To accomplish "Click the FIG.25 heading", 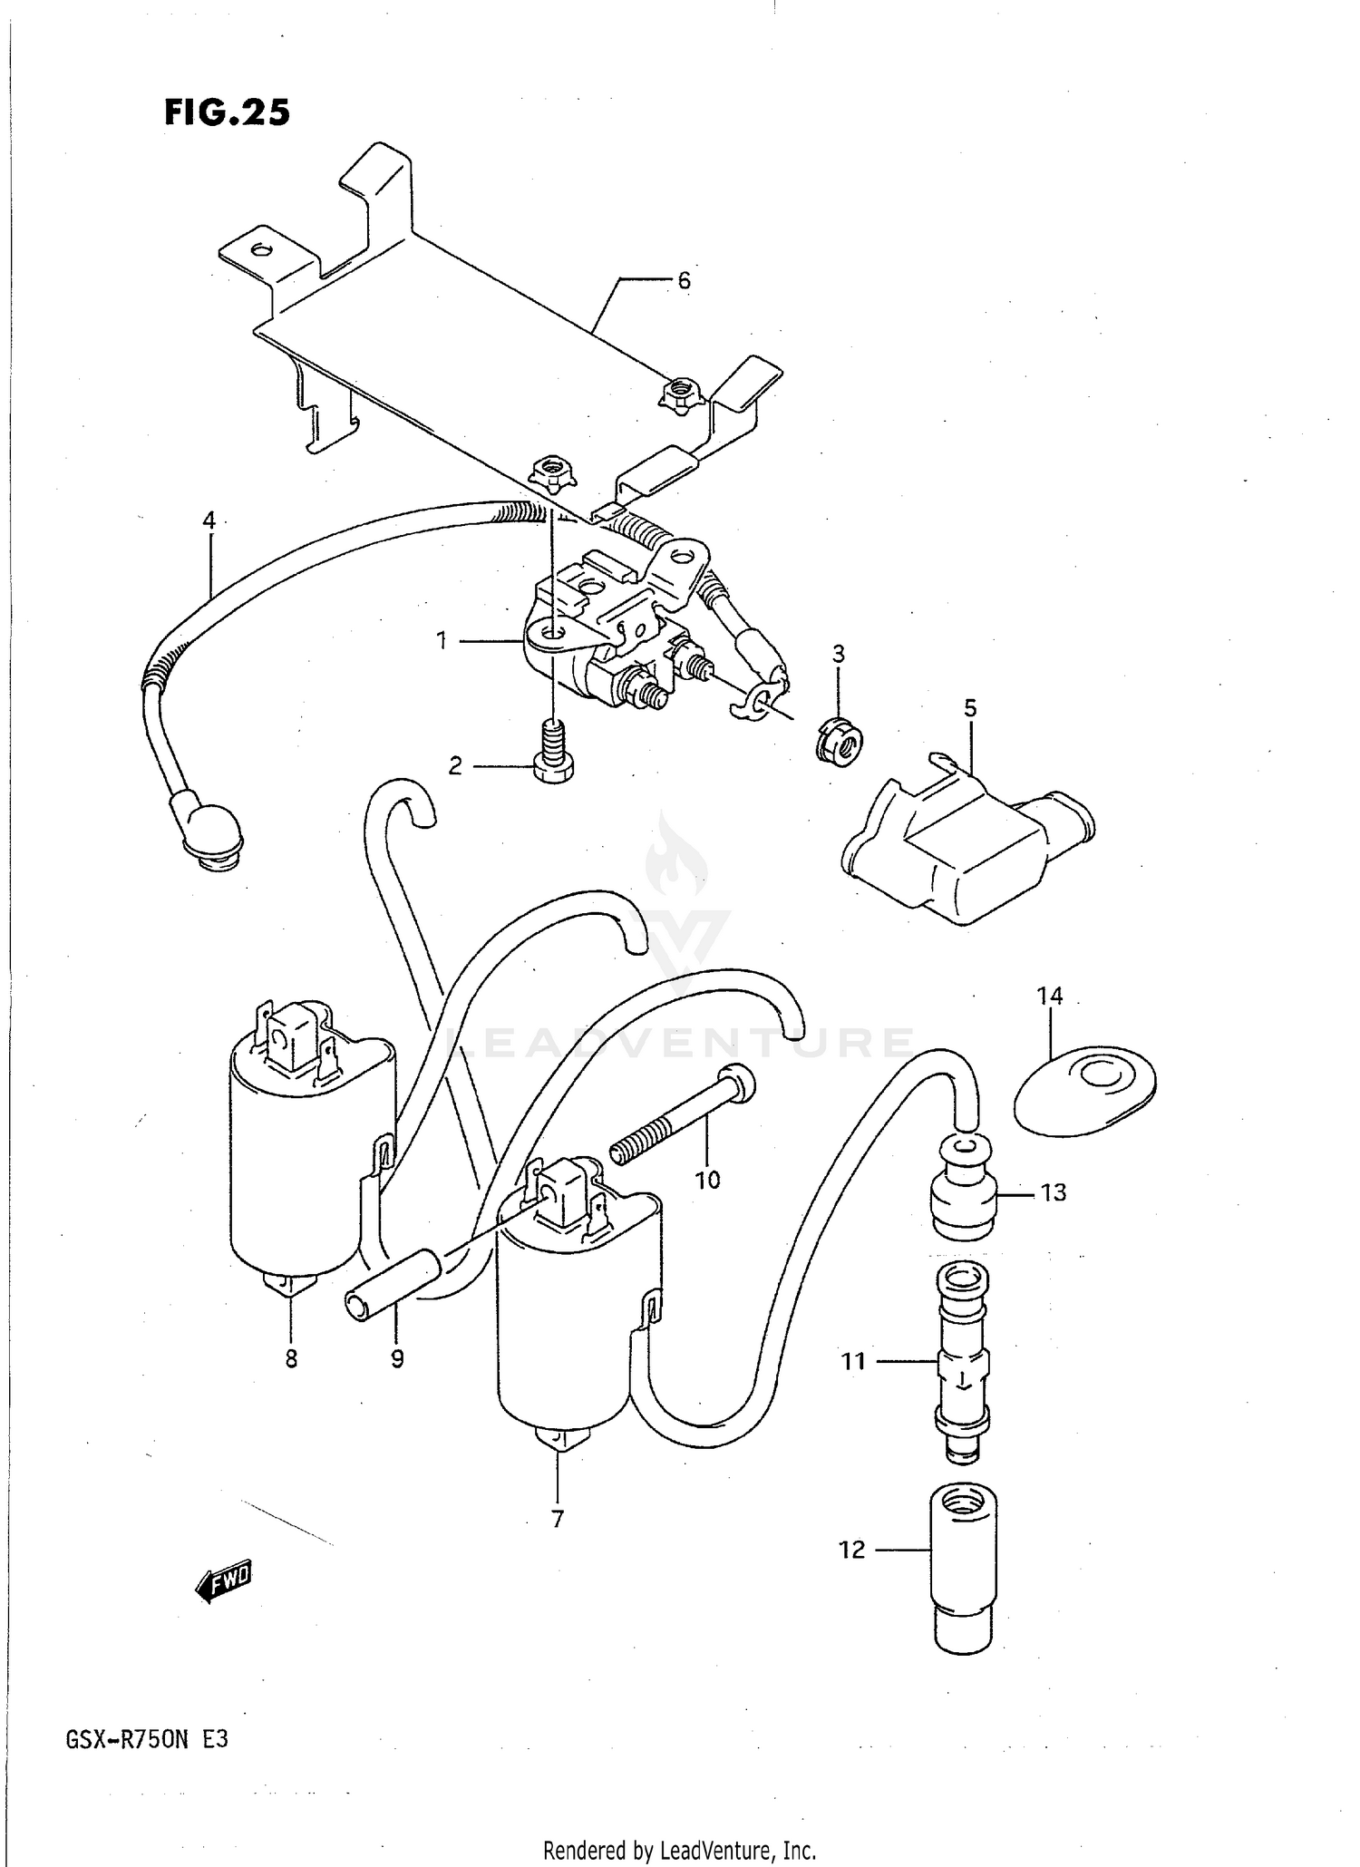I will coord(228,112).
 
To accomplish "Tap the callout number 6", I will coord(684,281).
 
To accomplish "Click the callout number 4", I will coord(209,520).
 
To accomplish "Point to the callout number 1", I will coord(442,641).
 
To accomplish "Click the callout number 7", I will coord(557,1518).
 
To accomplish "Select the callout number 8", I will coord(291,1360).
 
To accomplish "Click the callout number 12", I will coord(851,1550).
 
